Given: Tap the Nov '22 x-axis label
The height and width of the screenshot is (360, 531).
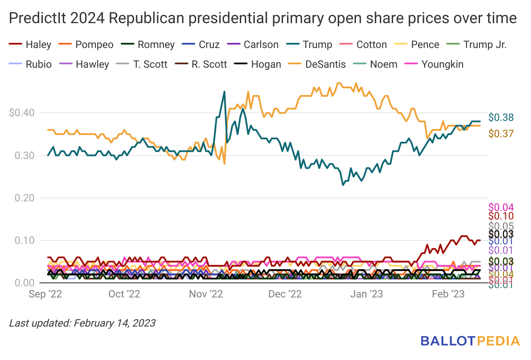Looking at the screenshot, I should pyautogui.click(x=204, y=294).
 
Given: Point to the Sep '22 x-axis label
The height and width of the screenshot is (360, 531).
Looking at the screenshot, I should pyautogui.click(x=45, y=294).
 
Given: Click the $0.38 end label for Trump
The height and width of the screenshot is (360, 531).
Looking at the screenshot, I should pyautogui.click(x=501, y=117).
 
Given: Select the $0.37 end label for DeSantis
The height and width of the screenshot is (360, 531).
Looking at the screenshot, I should pyautogui.click(x=501, y=134).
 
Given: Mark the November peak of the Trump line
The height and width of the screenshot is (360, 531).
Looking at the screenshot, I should pyautogui.click(x=224, y=92).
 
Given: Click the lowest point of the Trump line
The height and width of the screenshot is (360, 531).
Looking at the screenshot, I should pyautogui.click(x=343, y=185).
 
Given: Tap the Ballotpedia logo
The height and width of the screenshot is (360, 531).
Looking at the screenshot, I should pyautogui.click(x=470, y=341).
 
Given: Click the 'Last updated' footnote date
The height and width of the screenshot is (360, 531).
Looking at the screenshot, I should pyautogui.click(x=114, y=323).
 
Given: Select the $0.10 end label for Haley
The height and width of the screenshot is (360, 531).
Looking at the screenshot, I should pyautogui.click(x=501, y=216).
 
